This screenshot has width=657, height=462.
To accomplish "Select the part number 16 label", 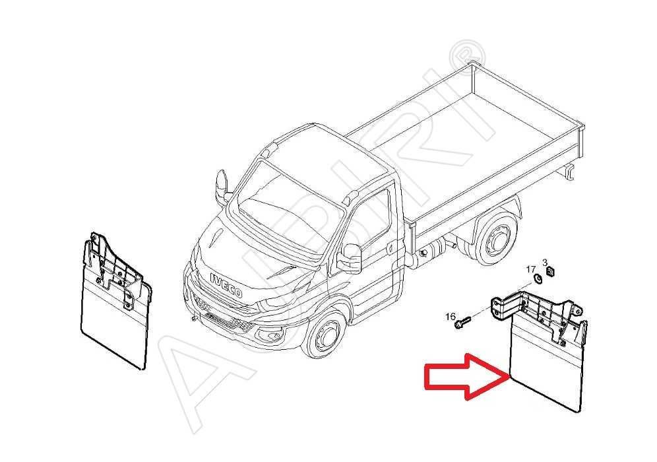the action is click(x=451, y=315).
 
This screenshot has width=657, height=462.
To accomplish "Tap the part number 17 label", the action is click(x=531, y=269).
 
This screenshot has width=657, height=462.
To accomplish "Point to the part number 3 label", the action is click(x=545, y=263).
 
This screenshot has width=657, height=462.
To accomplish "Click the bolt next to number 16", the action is click(x=462, y=323).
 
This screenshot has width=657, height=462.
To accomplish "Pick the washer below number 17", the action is click(x=538, y=279).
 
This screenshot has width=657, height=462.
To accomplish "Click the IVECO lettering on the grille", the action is click(x=226, y=285).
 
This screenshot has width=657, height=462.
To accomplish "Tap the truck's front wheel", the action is click(x=325, y=334).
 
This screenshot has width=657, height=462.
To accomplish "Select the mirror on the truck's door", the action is click(x=350, y=259).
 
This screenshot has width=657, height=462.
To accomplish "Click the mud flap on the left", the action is click(x=115, y=301).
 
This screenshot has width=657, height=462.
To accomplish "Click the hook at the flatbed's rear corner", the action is click(x=569, y=172).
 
